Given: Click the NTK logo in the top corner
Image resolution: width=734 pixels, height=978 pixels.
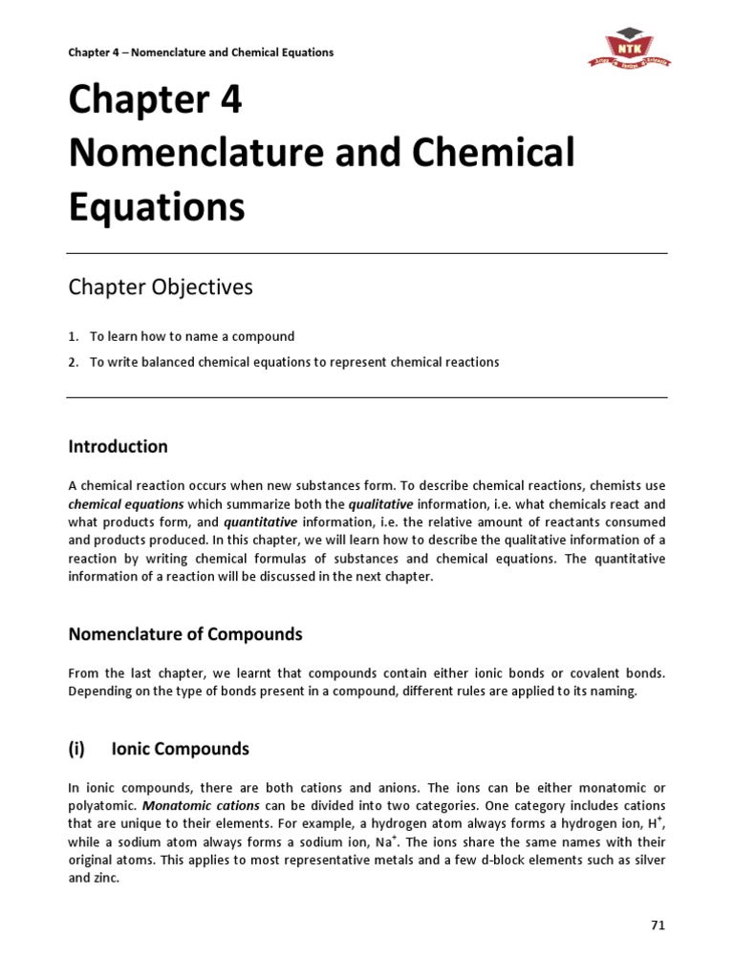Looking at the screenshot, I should pyautogui.click(x=629, y=48).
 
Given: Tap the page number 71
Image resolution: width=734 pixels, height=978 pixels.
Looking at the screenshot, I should pyautogui.click(x=658, y=925).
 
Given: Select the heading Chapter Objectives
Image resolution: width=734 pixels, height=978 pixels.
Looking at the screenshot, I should pyautogui.click(x=160, y=287).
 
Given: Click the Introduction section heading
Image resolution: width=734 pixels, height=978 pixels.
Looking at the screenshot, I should pyautogui.click(x=118, y=446).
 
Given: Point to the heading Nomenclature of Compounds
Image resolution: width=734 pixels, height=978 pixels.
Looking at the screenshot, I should pyautogui.click(x=184, y=634).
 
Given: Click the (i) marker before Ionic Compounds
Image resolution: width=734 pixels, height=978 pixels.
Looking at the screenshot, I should pyautogui.click(x=76, y=749).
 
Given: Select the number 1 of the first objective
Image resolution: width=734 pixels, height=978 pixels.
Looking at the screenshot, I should pyautogui.click(x=73, y=336).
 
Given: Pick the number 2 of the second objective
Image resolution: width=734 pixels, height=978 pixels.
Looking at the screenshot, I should pyautogui.click(x=73, y=362).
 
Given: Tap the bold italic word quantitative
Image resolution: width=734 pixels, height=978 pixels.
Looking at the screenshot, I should pyautogui.click(x=260, y=522).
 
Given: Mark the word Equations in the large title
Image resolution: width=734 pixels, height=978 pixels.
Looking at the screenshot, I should pyautogui.click(x=156, y=207).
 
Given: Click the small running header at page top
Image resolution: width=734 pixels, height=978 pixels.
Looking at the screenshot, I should pyautogui.click(x=201, y=53).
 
